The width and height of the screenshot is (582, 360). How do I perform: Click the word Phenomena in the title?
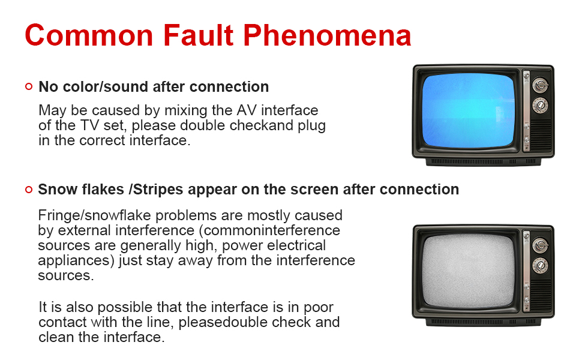pyautogui.click(x=327, y=35)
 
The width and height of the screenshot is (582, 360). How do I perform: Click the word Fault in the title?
pyautogui.click(x=198, y=35)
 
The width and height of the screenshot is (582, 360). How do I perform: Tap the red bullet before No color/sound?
pyautogui.click(x=29, y=87)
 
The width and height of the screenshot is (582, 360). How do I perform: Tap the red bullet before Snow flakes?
pyautogui.click(x=29, y=190)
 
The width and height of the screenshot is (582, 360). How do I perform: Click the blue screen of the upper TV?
pyautogui.click(x=469, y=111)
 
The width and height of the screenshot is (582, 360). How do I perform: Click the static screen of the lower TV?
pyautogui.click(x=469, y=271)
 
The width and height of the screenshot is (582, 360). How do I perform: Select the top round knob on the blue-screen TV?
pyautogui.click(x=540, y=85)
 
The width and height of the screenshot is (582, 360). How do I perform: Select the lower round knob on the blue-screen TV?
pyautogui.click(x=540, y=106)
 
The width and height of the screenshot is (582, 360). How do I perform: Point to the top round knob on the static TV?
pyautogui.click(x=540, y=245)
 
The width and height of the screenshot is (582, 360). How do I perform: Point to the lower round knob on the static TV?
pyautogui.click(x=540, y=266)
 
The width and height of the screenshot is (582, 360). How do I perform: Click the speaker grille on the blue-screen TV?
pyautogui.click(x=542, y=134)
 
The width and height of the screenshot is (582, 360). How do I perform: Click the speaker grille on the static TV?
pyautogui.click(x=542, y=295)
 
